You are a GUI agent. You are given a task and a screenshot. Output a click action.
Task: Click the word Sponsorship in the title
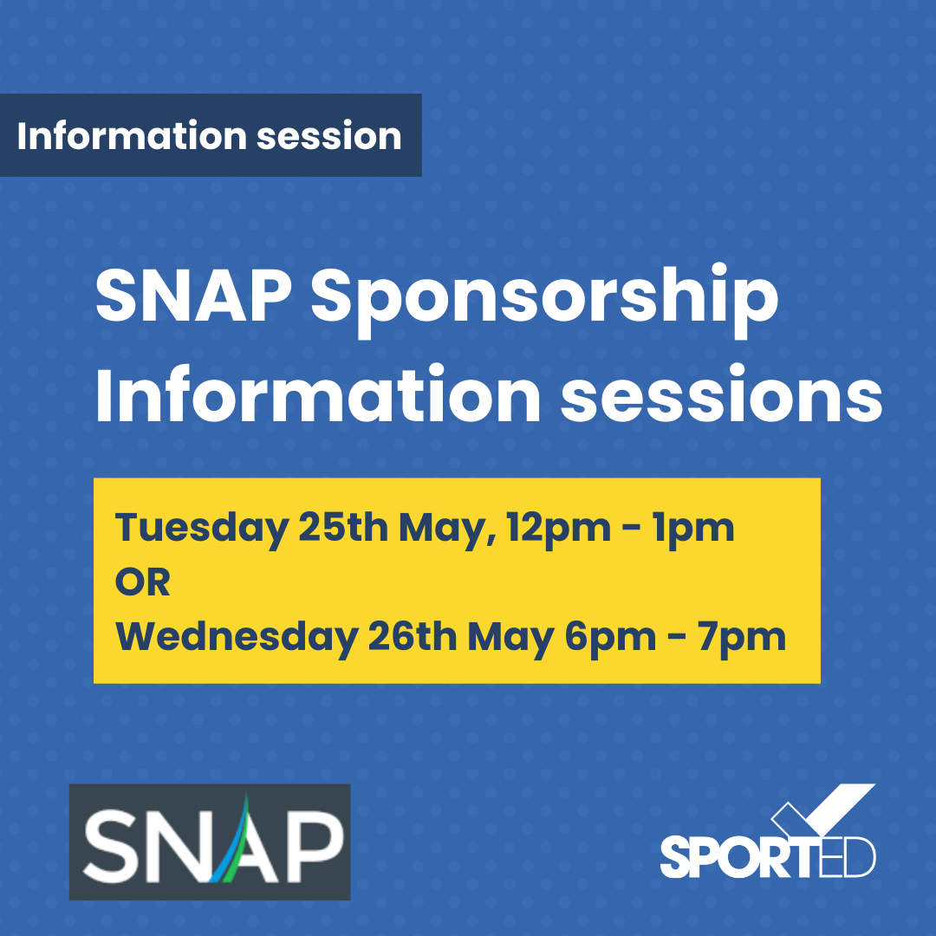[543, 300]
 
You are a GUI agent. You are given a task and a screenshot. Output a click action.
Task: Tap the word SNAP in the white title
[193, 296]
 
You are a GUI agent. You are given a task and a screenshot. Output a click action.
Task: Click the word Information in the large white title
[317, 394]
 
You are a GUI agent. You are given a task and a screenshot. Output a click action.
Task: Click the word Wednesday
[237, 638]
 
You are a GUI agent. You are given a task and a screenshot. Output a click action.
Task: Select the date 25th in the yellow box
[342, 527]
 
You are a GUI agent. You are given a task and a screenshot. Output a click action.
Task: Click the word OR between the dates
[142, 582]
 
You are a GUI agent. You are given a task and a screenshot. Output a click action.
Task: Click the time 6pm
[610, 639]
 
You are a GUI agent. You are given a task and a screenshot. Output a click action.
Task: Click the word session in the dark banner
[329, 136]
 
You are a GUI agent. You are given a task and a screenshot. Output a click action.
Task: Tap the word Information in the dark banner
[132, 135]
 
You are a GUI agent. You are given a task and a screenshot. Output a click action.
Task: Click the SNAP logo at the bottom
[210, 842]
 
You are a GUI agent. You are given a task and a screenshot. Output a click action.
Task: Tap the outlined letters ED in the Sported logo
[849, 858]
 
